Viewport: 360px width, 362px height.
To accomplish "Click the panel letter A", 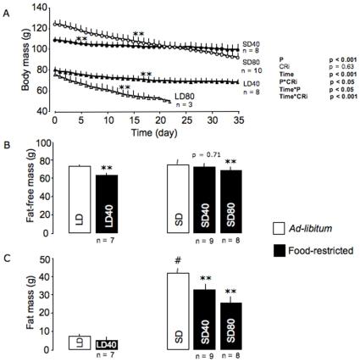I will tap(7, 7).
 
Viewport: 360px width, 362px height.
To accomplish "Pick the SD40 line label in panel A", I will tap(251, 42).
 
